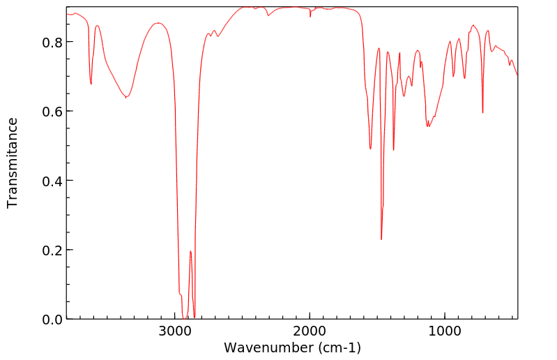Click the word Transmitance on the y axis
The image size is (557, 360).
(x=13, y=163)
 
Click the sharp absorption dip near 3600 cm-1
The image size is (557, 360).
(x=91, y=84)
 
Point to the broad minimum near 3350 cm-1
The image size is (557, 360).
(x=125, y=97)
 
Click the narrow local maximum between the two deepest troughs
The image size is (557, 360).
(x=190, y=251)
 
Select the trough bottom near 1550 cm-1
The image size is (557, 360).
(x=370, y=148)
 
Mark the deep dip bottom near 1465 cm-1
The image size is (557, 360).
(x=381, y=239)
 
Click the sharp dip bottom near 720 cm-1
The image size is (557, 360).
(x=482, y=112)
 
